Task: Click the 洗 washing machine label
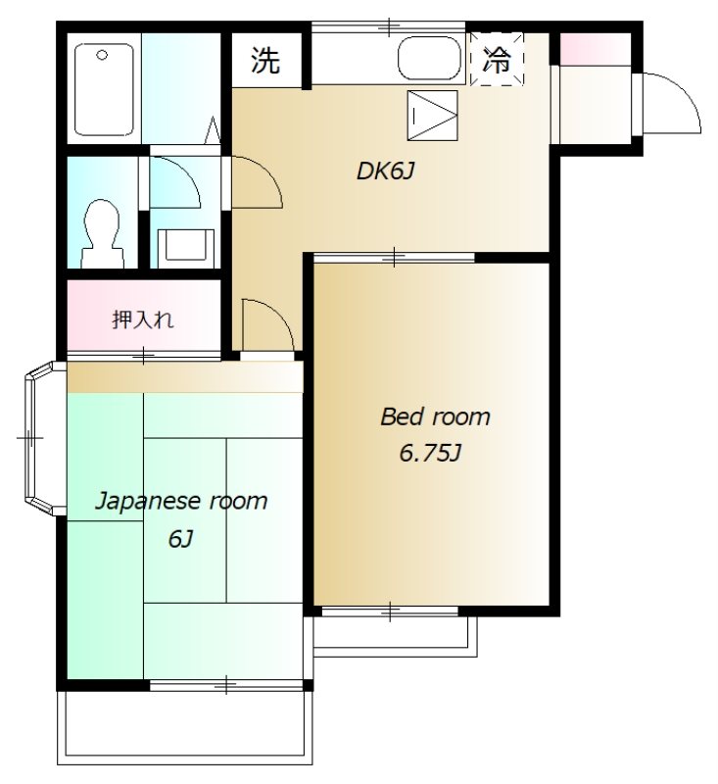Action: (x=265, y=61)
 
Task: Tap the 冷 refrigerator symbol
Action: (x=497, y=60)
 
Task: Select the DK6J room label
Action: (x=387, y=171)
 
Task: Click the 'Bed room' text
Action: (x=435, y=417)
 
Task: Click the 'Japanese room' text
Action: (x=180, y=502)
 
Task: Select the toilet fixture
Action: (x=101, y=232)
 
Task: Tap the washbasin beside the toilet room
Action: (x=184, y=245)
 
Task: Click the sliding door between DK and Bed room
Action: (x=394, y=258)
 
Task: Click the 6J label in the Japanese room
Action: (x=179, y=538)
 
